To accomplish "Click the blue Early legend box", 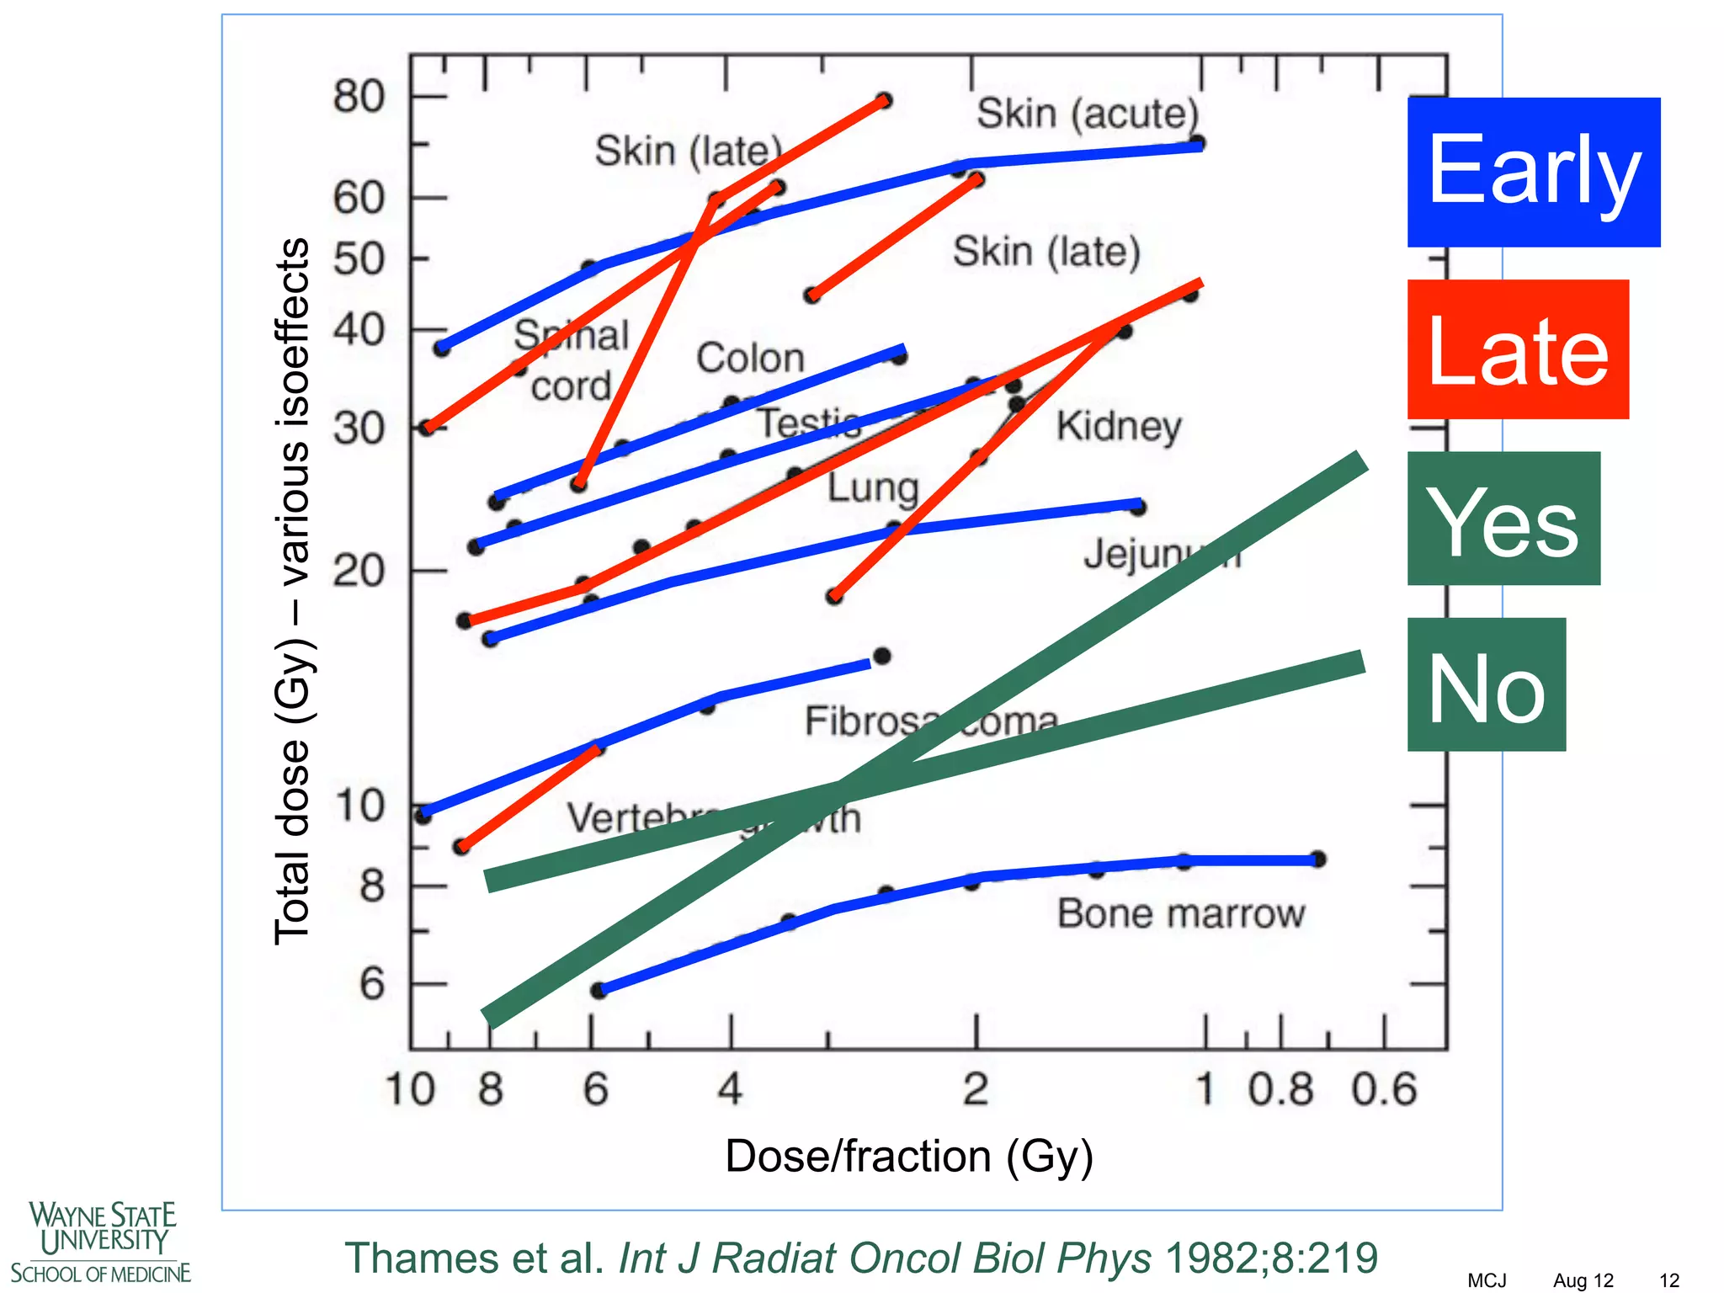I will [1533, 172].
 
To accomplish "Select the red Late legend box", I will [1518, 349].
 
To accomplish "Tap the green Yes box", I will [1503, 519].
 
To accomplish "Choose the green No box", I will [1487, 684].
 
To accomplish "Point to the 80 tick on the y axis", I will [359, 97].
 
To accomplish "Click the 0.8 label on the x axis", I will [1280, 1089].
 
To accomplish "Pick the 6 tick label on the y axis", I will [372, 983].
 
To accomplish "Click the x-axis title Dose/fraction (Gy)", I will [908, 1156].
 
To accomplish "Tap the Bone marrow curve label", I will [1180, 913].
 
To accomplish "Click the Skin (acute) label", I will [1087, 114].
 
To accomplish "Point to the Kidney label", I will [1119, 426].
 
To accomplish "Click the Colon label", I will [750, 359].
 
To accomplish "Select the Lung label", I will [872, 488].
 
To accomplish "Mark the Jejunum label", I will [1162, 555].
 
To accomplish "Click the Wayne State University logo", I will [101, 1242].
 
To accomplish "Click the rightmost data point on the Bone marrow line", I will [1318, 859].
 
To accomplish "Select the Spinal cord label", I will [572, 360].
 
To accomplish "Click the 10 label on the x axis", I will [410, 1089].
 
